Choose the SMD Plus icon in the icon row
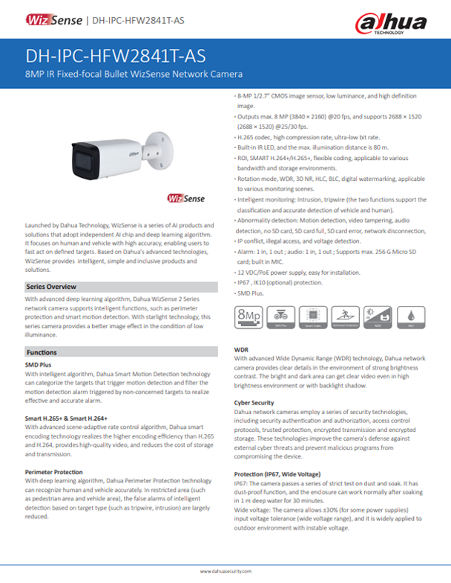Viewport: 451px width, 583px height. click(x=280, y=314)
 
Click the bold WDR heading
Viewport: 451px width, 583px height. click(x=241, y=347)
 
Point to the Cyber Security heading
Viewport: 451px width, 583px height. click(x=254, y=402)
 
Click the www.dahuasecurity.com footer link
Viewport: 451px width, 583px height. click(x=225, y=573)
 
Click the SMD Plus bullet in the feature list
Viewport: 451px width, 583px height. click(x=250, y=293)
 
